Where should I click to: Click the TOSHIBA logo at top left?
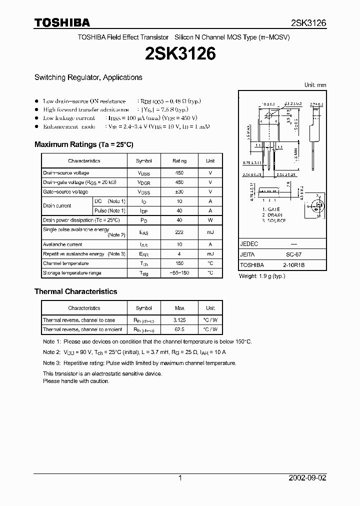(62, 22)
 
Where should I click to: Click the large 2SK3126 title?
(180, 54)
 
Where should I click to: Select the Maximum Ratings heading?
(84, 144)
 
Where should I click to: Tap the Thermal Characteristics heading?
(75, 291)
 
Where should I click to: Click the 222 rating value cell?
(179, 232)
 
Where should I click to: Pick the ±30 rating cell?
(179, 192)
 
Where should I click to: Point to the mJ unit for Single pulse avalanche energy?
(210, 232)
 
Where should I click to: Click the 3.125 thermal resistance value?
(179, 320)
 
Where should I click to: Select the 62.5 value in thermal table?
(179, 329)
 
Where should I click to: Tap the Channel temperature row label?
(65, 263)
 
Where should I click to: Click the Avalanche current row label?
(62, 244)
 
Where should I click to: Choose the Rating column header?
(179, 161)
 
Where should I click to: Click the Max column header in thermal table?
(179, 308)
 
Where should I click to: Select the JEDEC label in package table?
(249, 244)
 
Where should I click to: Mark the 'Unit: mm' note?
(315, 85)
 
